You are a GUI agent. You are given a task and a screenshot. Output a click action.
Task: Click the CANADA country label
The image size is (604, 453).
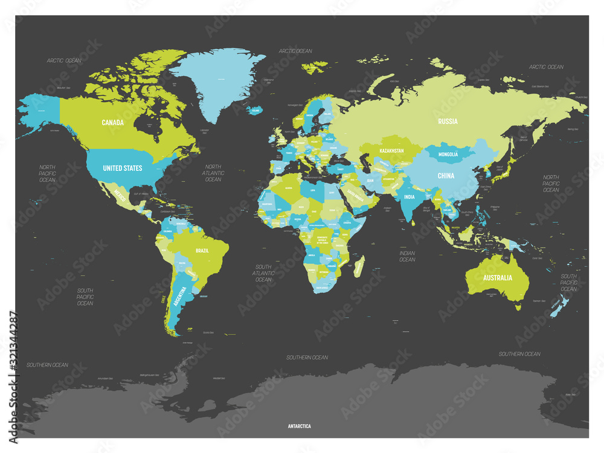click(x=112, y=123)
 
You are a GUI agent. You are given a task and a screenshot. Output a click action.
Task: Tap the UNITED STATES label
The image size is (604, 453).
click(x=122, y=168)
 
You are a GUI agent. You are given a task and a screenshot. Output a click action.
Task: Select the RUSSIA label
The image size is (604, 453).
click(x=448, y=121)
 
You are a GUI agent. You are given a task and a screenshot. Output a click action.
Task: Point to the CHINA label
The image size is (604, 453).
click(x=446, y=176)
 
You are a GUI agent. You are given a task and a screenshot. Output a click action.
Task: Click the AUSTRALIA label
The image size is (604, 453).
click(x=497, y=278)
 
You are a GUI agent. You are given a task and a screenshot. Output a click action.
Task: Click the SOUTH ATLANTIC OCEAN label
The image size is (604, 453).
click(x=263, y=273)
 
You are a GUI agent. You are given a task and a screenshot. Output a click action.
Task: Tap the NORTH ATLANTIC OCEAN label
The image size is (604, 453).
click(x=213, y=173)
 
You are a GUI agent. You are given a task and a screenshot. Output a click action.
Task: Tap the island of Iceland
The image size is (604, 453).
click(x=256, y=111)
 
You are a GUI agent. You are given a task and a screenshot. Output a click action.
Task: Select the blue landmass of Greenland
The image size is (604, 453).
click(x=214, y=85)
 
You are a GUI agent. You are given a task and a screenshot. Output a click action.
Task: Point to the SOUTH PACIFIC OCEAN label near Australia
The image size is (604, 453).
click(x=568, y=282)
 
